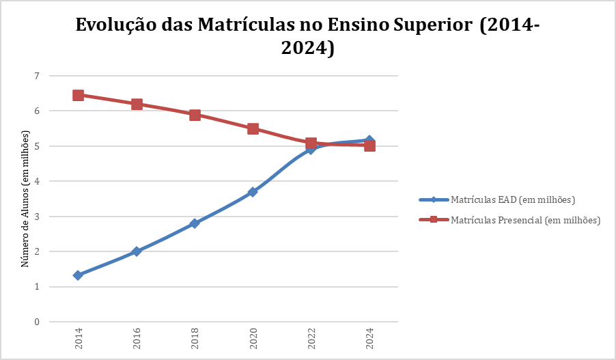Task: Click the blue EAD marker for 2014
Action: (78, 275)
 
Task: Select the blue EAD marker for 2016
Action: (137, 251)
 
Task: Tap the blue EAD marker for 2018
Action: (195, 223)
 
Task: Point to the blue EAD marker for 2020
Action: (253, 192)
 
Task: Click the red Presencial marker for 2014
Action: (78, 95)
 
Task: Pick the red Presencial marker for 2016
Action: (137, 104)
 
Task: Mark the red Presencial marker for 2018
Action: (195, 115)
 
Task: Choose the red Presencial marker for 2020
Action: (253, 128)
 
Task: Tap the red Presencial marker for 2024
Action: (369, 146)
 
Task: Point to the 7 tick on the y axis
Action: (37, 75)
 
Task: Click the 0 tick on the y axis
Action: (37, 322)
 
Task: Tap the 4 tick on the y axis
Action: (37, 181)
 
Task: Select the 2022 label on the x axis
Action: (311, 340)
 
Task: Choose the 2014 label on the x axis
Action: (78, 340)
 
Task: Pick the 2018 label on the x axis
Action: (195, 340)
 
